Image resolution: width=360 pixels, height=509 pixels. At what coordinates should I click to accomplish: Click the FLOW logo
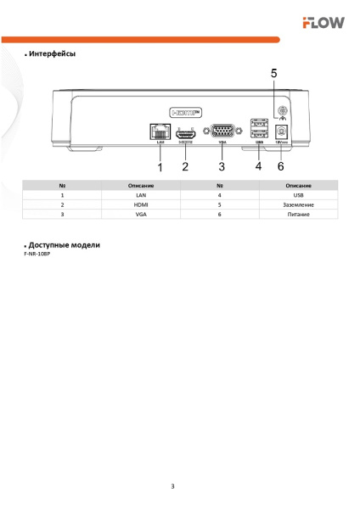pos(323,23)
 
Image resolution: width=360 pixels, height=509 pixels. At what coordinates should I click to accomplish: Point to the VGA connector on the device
pos(222,131)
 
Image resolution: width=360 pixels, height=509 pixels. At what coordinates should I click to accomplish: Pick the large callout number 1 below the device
pos(158,166)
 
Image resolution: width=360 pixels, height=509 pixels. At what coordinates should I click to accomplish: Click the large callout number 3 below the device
pos(222,166)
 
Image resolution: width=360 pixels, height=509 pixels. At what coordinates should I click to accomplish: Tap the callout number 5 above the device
pos(273,74)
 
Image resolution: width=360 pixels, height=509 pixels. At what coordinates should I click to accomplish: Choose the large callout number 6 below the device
pos(281,166)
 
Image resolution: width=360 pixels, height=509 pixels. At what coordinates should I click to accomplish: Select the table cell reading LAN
pos(141,195)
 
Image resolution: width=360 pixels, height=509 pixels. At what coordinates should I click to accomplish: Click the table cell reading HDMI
pos(141,205)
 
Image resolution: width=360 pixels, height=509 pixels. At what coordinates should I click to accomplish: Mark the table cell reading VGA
pos(141,215)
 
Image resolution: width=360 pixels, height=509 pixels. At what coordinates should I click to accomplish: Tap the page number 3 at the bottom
pos(172,486)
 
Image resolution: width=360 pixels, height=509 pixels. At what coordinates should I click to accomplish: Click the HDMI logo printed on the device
pos(186,111)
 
